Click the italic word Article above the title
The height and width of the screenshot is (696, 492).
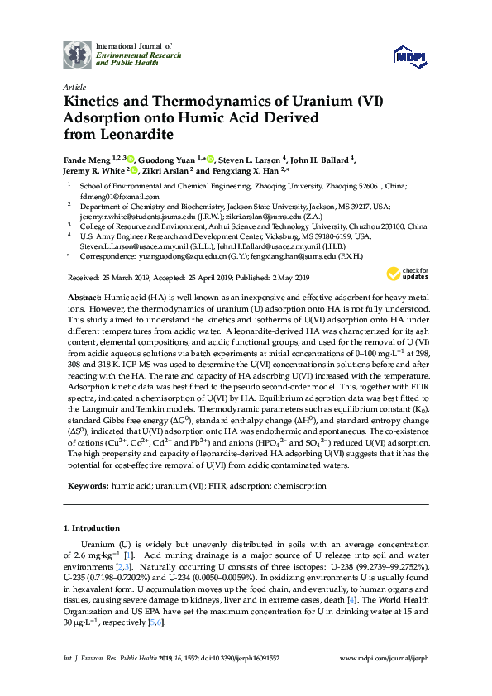click(x=74, y=86)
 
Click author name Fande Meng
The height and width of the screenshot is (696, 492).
click(x=86, y=160)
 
